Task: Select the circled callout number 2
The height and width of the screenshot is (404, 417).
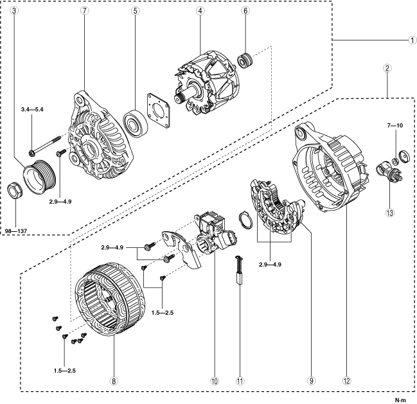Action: point(387,67)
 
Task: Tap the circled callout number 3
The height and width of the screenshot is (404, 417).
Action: point(13,12)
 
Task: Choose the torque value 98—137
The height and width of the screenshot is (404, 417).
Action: point(19,229)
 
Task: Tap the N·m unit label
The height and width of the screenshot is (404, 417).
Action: point(400,400)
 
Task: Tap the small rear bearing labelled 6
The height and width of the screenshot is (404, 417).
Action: point(244,61)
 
